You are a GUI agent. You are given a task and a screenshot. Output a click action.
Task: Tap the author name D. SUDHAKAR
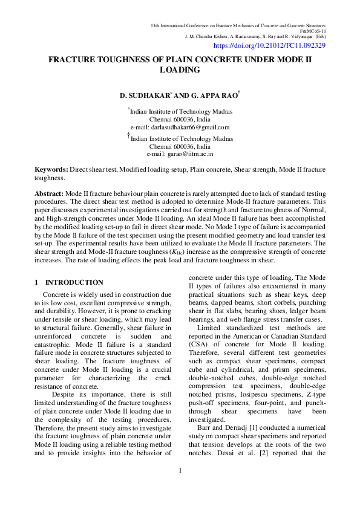pos(145,96)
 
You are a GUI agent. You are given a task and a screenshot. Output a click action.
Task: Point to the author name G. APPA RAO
pos(214,96)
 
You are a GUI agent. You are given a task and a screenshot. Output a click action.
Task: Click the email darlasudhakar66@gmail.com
pos(180,128)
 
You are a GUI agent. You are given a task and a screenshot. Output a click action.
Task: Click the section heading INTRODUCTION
pos(74,282)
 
